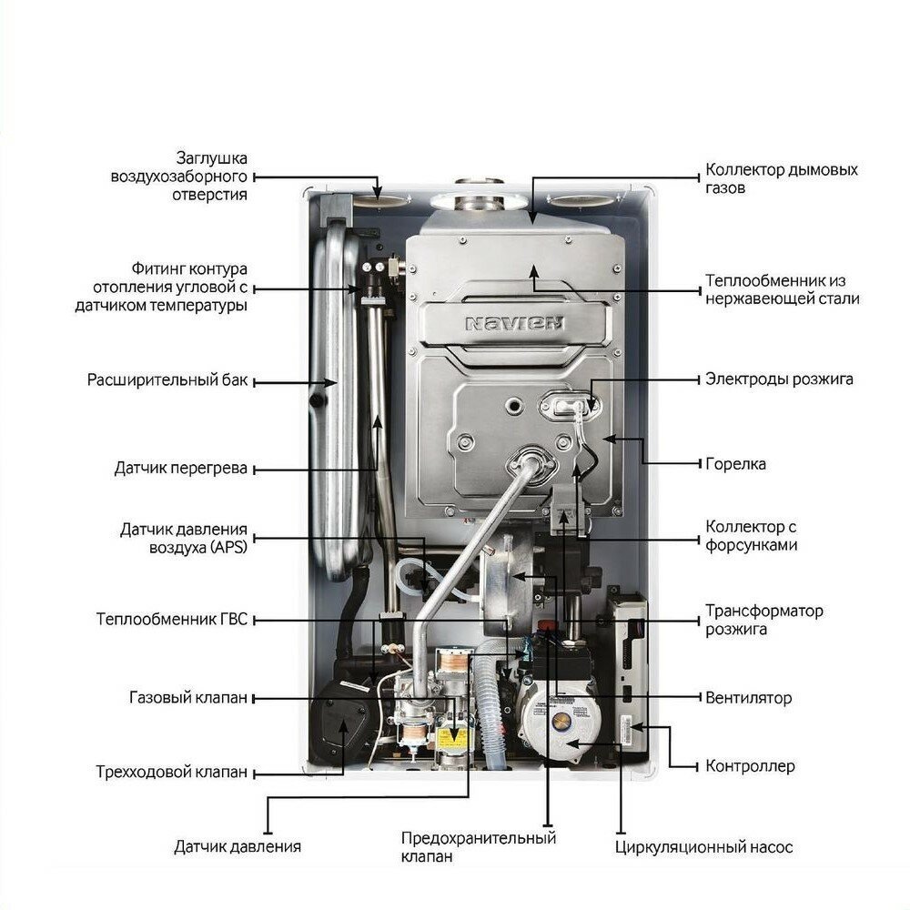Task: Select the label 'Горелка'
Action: pyautogui.click(x=735, y=464)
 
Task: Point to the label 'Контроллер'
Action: pyautogui.click(x=750, y=766)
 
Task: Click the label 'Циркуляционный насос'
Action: pyautogui.click(x=703, y=847)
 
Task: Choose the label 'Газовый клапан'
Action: pyautogui.click(x=187, y=698)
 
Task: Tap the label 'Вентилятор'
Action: pyautogui.click(x=748, y=699)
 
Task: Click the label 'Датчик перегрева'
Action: pyautogui.click(x=181, y=469)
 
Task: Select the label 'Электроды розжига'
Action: pyautogui.click(x=779, y=379)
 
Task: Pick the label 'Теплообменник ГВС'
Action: pyautogui.click(x=172, y=619)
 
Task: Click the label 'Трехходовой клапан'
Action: pyautogui.click(x=171, y=773)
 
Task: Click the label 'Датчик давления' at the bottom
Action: pyautogui.click(x=238, y=847)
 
